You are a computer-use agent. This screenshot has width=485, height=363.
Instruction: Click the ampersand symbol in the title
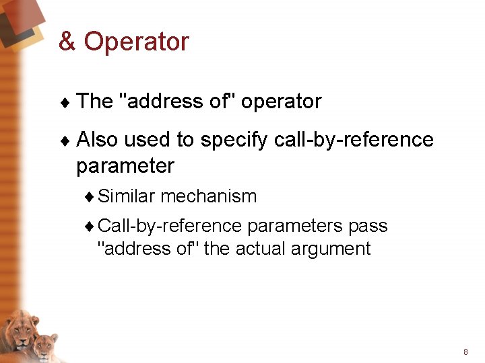[67, 42]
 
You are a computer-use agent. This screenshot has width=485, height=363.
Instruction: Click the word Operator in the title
[137, 42]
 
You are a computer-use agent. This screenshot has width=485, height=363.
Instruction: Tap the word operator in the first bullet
[281, 102]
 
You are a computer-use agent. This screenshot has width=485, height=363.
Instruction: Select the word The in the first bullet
[95, 102]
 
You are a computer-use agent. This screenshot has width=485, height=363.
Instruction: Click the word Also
[98, 140]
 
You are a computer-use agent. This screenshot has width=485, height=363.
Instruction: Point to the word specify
[235, 140]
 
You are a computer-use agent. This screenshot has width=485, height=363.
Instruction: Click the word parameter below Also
[125, 165]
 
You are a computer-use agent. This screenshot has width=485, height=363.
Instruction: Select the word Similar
[127, 196]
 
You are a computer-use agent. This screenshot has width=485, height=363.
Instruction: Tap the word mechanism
[209, 196]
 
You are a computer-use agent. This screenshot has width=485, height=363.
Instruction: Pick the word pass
[368, 226]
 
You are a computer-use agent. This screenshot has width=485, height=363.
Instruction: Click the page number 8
[465, 352]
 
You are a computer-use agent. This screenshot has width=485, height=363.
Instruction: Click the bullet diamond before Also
[65, 140]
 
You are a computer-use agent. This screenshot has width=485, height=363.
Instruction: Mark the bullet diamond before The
[65, 102]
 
